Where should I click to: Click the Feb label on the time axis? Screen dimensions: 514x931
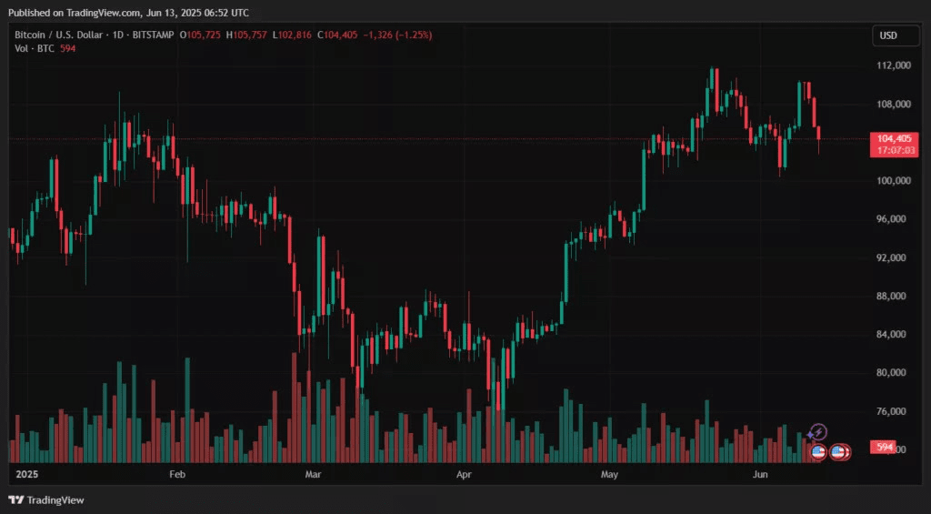click(x=177, y=475)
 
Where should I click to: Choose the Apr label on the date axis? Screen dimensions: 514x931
click(x=464, y=475)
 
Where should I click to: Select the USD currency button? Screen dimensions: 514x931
click(x=887, y=35)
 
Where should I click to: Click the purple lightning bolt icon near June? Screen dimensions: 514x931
click(x=818, y=431)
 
